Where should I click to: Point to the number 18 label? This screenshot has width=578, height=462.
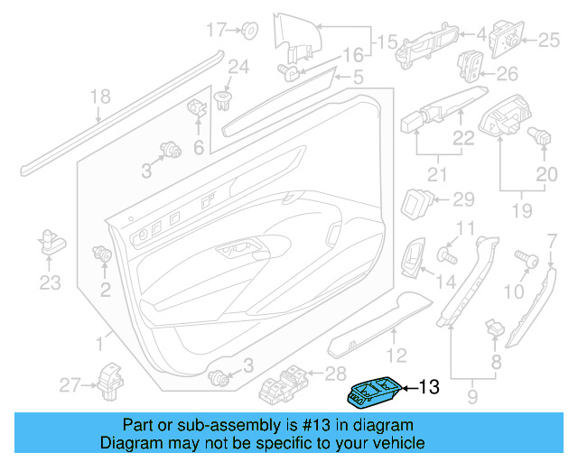[x=100, y=97]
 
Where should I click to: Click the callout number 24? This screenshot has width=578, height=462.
[x=237, y=66]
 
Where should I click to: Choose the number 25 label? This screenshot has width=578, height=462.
[x=549, y=39]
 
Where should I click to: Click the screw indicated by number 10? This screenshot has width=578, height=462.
[x=525, y=259]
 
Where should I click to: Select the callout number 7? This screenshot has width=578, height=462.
[x=552, y=239]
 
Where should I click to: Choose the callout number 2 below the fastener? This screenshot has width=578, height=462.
[x=105, y=290]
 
